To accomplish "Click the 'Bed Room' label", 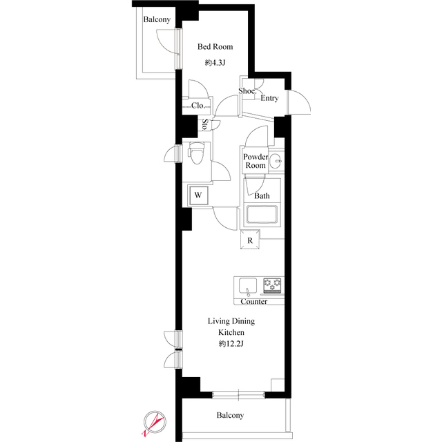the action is click(x=215, y=46).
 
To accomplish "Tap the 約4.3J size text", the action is click(x=215, y=63).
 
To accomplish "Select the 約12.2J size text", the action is click(x=231, y=344).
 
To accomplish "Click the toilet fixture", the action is click(x=196, y=153).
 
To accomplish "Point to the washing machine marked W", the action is click(x=198, y=195).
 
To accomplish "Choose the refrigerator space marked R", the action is click(x=250, y=240).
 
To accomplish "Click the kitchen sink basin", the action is click(x=248, y=286).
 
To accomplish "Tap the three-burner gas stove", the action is click(x=272, y=285).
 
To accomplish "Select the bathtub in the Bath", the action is click(x=262, y=215).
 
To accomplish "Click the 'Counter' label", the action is click(x=253, y=302).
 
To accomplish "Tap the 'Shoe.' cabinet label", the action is click(x=247, y=90).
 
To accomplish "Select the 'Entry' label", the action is click(x=269, y=98).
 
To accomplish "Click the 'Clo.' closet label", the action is click(x=198, y=106).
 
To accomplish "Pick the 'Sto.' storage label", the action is click(x=205, y=125).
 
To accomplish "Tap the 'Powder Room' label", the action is click(x=256, y=161).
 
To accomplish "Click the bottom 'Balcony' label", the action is click(x=230, y=415).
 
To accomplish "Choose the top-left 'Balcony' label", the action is click(x=157, y=19).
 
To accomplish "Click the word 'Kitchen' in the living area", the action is click(x=231, y=332).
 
